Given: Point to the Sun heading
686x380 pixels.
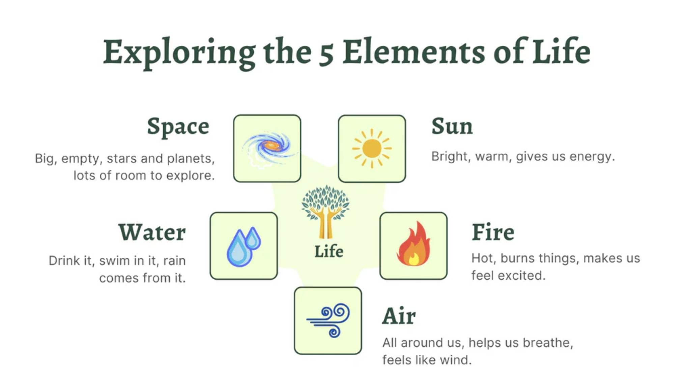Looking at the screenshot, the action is coord(452,126).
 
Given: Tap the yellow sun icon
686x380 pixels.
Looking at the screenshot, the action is coord(372,149).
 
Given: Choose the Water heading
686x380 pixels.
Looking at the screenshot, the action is coord(152,232).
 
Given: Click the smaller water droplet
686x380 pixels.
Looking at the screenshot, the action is coord(253,238).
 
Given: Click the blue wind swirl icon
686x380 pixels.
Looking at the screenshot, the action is coord(328,320).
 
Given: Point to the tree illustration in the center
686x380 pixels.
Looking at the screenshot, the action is coord(325,212).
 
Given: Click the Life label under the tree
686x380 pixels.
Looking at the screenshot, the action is coord(329,251).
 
